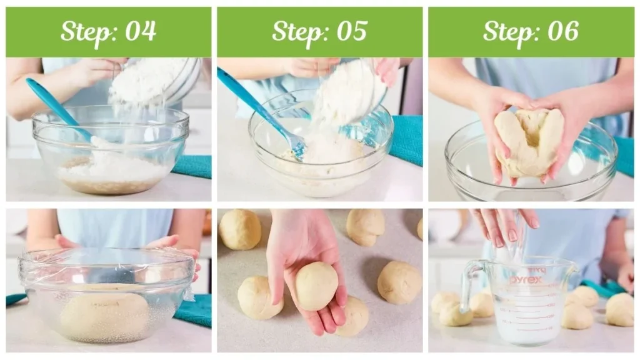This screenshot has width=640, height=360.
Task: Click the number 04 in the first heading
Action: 141,31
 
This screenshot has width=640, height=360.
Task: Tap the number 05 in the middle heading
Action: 352,31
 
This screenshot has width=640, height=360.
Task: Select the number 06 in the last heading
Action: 563,31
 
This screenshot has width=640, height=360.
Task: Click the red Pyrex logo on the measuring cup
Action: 527,279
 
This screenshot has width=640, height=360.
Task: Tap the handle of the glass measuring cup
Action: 470,286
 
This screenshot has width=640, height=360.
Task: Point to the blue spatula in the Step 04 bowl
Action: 59,109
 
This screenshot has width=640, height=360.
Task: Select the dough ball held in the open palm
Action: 316,286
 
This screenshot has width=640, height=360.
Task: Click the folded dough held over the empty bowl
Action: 529,142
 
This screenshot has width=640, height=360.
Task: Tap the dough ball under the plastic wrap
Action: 104,313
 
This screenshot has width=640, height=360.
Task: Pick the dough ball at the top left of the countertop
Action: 240,229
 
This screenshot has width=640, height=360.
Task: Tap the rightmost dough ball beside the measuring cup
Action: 619,310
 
